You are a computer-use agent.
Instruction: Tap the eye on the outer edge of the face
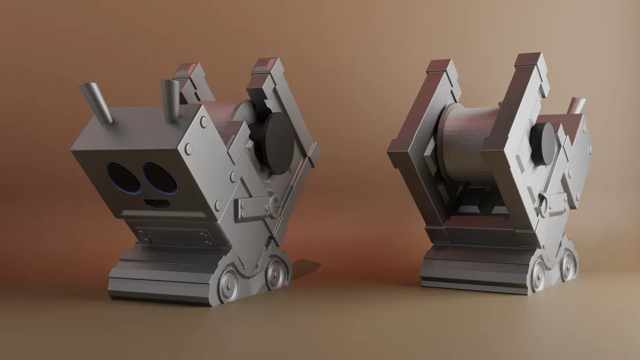click(121, 177)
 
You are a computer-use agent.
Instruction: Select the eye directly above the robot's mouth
click(159, 178)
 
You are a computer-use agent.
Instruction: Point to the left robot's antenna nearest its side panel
click(171, 100)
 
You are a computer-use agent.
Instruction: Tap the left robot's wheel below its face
click(228, 284)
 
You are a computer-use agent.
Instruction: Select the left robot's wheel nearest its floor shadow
click(277, 272)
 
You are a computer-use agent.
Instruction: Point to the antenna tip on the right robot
click(577, 105)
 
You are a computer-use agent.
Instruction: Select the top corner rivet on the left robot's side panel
click(204, 123)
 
